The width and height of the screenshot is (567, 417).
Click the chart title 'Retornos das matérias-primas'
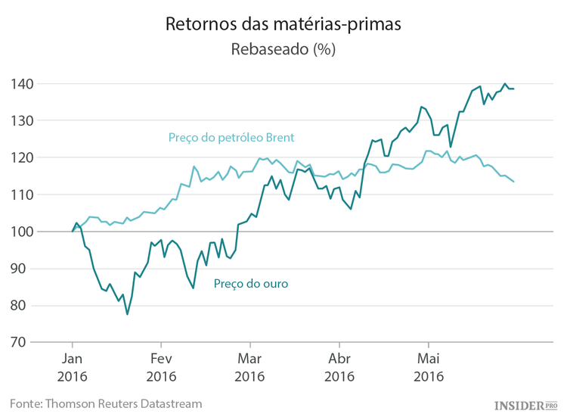point(283,24)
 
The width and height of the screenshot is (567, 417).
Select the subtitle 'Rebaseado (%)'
point(283,50)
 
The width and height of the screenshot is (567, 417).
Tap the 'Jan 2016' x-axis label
point(73,366)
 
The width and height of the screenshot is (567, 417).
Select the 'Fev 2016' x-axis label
point(161,366)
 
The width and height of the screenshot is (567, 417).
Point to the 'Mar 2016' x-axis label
point(250,366)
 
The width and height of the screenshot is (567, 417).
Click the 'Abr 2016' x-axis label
point(339,366)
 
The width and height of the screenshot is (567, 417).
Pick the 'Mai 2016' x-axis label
point(428,366)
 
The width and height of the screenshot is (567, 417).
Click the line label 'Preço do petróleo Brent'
point(231,138)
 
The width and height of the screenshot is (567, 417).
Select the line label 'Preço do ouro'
point(250,284)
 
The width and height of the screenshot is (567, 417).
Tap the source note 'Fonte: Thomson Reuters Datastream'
point(106,403)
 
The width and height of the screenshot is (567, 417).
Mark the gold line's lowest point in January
point(127,314)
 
